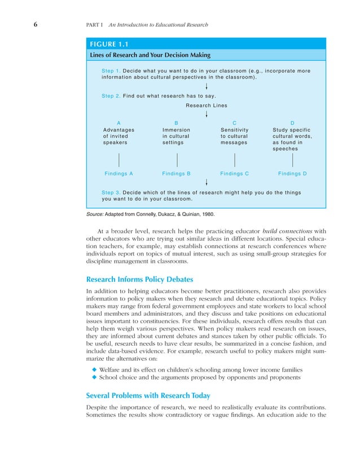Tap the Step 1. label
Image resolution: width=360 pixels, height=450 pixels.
[111, 70]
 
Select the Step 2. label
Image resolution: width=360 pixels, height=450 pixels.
[111, 96]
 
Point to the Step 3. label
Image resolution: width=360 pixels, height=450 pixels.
[111, 192]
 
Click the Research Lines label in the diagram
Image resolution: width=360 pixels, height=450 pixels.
[207, 105]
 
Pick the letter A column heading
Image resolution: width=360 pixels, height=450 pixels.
[118, 122]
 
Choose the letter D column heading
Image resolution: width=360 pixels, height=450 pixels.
[292, 122]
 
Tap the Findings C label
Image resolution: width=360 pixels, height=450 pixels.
[235, 174]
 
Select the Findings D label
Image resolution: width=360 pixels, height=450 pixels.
[293, 174]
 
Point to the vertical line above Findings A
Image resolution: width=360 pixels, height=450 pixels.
[118, 160]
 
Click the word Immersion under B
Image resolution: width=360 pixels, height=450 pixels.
[176, 130]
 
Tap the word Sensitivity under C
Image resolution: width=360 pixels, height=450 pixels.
[235, 130]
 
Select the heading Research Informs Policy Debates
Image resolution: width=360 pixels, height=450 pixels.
[140, 279]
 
